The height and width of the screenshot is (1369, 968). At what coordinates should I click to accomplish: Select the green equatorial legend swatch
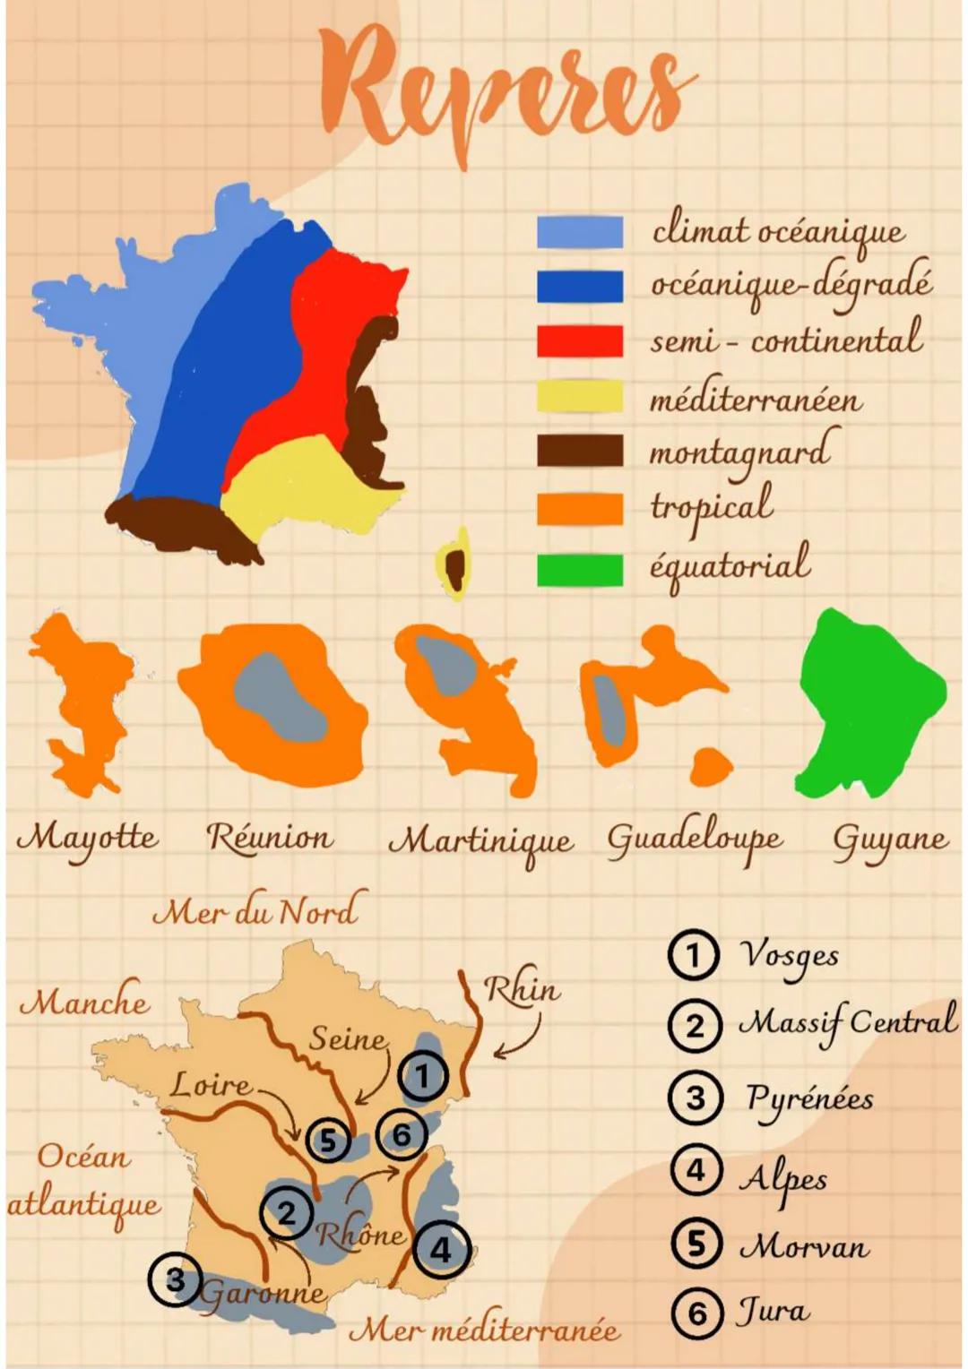[580, 570]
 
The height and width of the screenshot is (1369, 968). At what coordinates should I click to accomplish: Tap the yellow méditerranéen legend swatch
[580, 396]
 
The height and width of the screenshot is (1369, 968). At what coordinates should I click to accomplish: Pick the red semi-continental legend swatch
[580, 340]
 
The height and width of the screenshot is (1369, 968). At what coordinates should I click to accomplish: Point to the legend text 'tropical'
[712, 507]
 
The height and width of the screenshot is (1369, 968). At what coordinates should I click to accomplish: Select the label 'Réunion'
[270, 838]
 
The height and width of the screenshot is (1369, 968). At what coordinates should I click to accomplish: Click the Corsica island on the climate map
[455, 564]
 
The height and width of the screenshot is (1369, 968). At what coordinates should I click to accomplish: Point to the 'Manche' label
[85, 1001]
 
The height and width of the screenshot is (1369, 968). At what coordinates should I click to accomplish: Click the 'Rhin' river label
[522, 989]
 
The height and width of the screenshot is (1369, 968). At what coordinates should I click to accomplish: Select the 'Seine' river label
[349, 1038]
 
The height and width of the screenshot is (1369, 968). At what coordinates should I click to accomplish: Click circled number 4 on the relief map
[441, 1249]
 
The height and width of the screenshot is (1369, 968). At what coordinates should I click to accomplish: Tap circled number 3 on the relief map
[176, 1279]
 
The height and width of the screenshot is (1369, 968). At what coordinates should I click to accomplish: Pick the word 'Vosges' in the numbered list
[789, 956]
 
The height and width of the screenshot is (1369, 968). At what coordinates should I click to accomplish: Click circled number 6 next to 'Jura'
[696, 1313]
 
